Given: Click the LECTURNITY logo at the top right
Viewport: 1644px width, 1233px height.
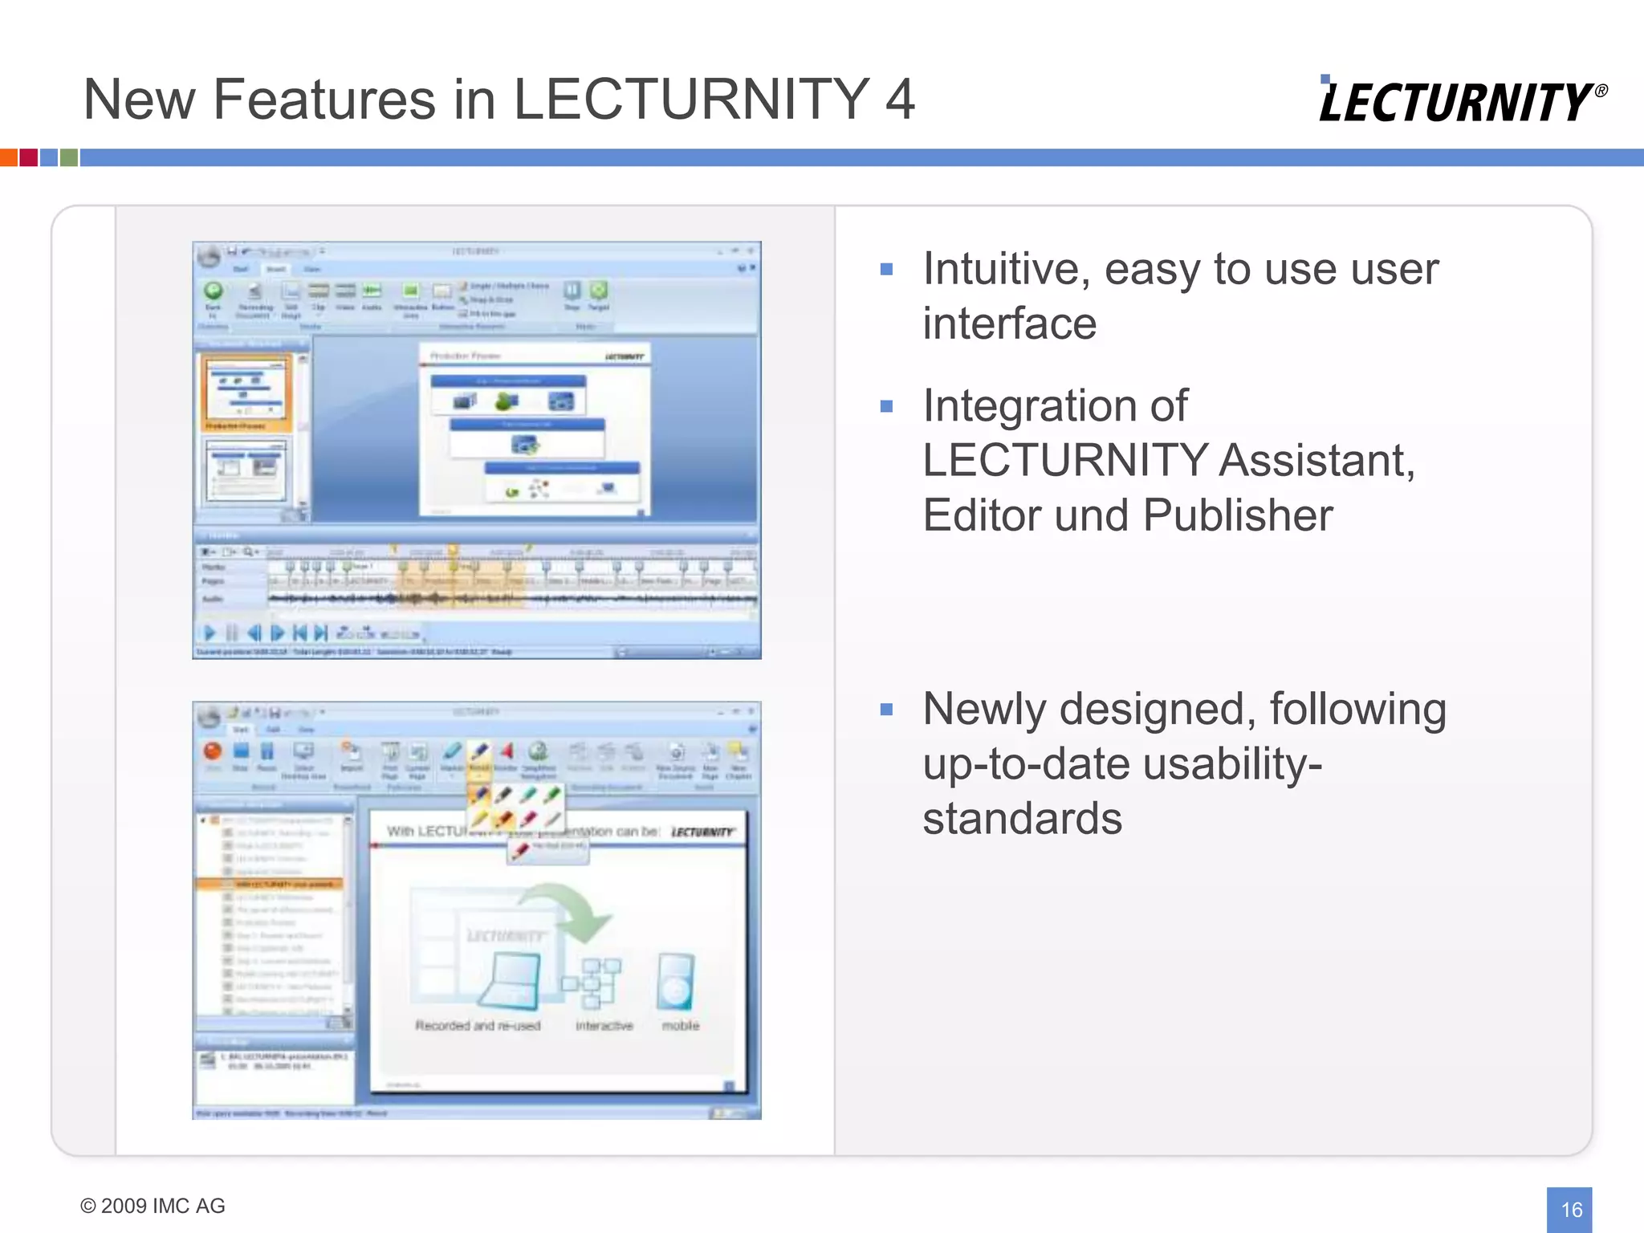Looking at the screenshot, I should [1461, 101].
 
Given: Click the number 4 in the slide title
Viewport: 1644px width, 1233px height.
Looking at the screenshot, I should [899, 100].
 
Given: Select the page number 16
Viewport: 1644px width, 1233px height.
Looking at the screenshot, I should [1571, 1209].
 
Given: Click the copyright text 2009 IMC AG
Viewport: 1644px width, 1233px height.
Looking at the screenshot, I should [153, 1206].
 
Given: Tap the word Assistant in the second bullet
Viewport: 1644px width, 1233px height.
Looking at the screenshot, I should [1316, 460].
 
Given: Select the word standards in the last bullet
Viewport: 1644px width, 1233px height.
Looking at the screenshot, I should [1022, 818].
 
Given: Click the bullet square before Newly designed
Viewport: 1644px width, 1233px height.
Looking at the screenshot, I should [886, 710].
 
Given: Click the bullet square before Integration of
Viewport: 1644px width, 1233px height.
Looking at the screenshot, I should [886, 406].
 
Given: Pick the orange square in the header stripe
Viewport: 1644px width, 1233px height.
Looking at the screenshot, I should [8, 157].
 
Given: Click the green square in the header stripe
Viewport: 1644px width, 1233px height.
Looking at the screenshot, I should [69, 157].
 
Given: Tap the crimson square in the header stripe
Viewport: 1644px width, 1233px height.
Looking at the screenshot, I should [28, 157].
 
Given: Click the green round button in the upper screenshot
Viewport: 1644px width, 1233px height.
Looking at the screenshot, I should [214, 291].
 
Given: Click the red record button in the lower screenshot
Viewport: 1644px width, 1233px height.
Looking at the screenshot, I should [213, 751].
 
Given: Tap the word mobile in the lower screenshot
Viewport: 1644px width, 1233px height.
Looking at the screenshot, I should [680, 1026].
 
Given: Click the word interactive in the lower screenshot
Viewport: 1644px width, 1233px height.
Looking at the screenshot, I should [604, 1026].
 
